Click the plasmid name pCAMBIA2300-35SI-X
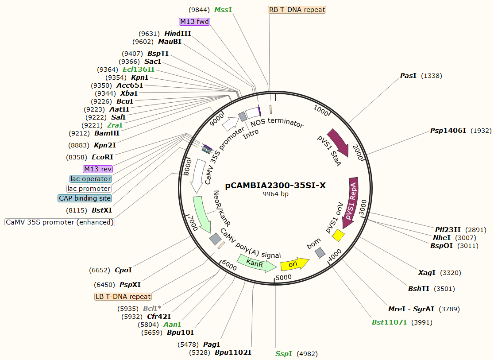tap(275, 186)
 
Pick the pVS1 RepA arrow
tap(353, 201)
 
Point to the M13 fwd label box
tap(194, 22)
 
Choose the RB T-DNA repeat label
tap(297, 10)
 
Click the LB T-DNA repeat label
tap(123, 297)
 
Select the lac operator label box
tap(91, 179)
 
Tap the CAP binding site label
tap(85, 198)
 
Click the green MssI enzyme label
tap(223, 10)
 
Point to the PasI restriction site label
tap(408, 76)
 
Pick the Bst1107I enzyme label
tap(389, 322)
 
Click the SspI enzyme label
tap(284, 353)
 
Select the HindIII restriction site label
tap(178, 34)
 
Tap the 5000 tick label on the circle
tap(284, 278)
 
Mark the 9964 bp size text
tap(275, 194)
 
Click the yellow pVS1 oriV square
tap(339, 236)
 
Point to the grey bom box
tap(320, 253)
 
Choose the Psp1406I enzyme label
tap(448, 131)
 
